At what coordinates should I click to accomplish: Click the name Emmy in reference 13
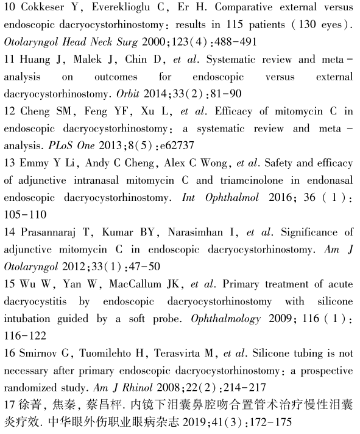pos(31,163)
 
